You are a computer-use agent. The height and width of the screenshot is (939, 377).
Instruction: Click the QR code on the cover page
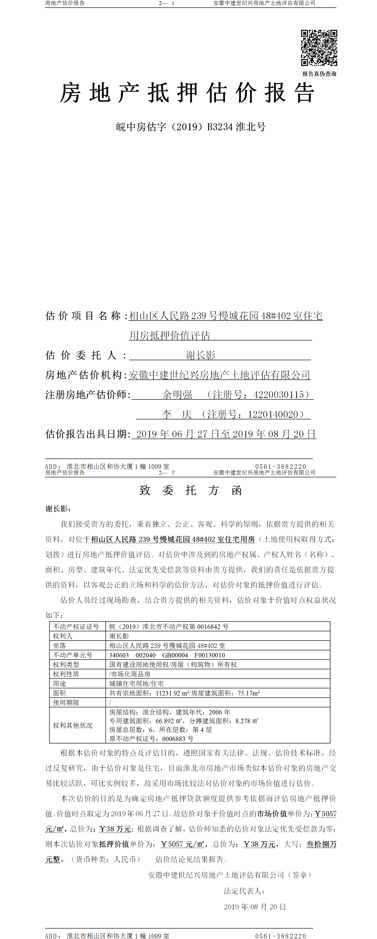tap(319, 48)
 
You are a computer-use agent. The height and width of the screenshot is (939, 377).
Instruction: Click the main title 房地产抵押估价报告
tap(187, 93)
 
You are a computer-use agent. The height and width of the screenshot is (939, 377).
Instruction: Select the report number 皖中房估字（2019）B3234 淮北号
tap(191, 127)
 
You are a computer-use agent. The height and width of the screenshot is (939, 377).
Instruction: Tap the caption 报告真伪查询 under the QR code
tap(319, 74)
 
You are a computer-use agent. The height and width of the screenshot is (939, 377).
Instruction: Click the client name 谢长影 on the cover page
tap(200, 355)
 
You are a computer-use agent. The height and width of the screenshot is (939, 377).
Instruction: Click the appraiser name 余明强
tap(177, 394)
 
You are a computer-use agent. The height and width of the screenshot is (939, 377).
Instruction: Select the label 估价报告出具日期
tap(86, 434)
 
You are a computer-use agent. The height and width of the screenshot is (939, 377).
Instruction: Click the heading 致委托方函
tap(191, 490)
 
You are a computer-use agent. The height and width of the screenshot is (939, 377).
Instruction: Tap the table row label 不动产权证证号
tap(76, 626)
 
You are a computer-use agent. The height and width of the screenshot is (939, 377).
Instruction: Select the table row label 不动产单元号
tap(72, 655)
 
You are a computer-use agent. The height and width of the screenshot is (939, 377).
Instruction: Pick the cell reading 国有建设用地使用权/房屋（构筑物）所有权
tap(173, 664)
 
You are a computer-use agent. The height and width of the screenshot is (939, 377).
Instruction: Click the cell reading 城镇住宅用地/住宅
tap(136, 683)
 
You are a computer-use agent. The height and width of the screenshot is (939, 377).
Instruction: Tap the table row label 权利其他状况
tap(72, 725)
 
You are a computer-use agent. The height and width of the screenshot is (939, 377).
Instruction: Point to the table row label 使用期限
tap(66, 702)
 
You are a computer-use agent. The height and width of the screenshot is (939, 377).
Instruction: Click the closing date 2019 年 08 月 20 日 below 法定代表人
tap(254, 906)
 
